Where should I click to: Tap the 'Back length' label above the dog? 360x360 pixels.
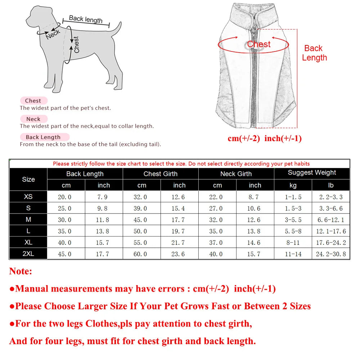coord(86,19)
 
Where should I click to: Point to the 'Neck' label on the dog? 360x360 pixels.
coord(53,35)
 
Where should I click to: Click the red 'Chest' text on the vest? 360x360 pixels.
coord(258,44)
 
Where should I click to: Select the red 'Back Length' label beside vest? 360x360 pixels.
coord(314,53)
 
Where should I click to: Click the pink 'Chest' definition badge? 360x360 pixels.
coord(33,101)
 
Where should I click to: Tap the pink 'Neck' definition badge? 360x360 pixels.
coord(33,119)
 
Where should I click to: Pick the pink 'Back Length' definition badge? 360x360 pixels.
coord(43,137)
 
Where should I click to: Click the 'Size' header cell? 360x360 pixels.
coord(28,179)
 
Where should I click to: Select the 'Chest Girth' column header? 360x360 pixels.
coord(161,174)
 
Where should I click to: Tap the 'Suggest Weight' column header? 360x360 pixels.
coord(312,173)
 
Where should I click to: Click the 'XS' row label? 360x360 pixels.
coord(28,197)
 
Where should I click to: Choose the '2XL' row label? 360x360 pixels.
coord(28,254)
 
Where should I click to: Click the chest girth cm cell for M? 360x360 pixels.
coord(142,220)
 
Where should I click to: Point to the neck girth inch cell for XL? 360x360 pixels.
coord(255,243)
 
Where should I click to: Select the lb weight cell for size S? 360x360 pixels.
coord(331,208)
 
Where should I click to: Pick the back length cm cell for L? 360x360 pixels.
coord(66,231)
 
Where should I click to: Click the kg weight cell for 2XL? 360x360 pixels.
coord(293,254)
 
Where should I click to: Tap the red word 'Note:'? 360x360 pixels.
coord(21,271)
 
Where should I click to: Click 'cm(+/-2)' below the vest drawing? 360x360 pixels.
coord(244,139)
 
